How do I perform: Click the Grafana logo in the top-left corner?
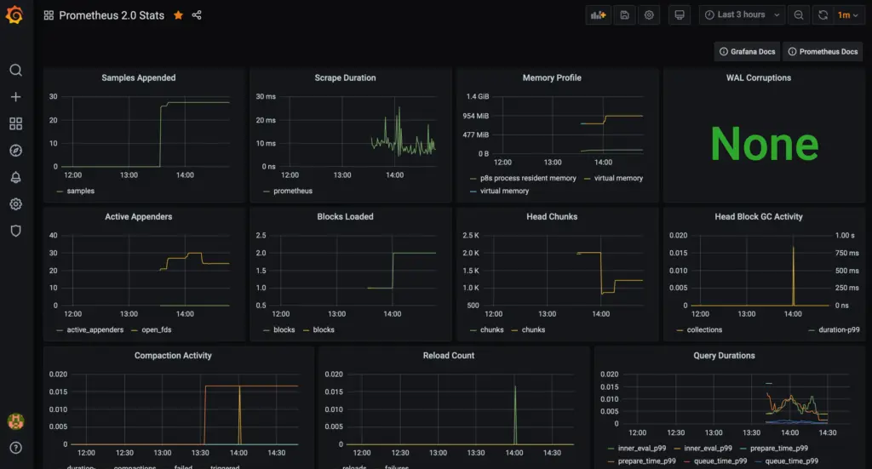coord(15,15)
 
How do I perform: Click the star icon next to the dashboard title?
coord(178,15)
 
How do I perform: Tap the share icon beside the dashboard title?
coord(197,15)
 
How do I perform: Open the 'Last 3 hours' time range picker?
coord(742,15)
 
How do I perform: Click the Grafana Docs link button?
coord(747,52)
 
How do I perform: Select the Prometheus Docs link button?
coord(823,52)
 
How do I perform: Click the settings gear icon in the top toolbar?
coord(650,15)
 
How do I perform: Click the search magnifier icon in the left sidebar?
coord(15,71)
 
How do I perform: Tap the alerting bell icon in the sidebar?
coord(15,177)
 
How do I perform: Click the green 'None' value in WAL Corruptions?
coord(764,143)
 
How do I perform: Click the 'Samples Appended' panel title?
coord(139,77)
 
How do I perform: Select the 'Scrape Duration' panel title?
coord(345,77)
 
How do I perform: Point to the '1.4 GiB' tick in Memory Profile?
coord(476,97)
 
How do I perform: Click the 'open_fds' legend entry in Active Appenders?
coord(156,329)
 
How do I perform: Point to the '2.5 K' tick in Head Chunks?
coord(470,235)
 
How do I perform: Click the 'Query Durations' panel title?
coord(724,356)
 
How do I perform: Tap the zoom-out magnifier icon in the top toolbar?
coord(798,15)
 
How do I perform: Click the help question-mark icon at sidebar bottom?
coord(15,448)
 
